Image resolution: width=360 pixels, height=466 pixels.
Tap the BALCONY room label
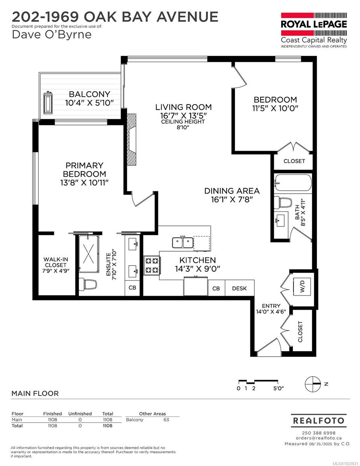[89, 94]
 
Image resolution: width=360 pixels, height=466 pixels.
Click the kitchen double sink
[183, 242]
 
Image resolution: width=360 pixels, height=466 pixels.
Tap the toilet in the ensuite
[89, 284]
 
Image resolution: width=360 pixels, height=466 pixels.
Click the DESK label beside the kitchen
[239, 289]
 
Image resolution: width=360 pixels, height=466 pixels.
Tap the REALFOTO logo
[318, 421]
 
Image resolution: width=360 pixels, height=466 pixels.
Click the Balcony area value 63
[166, 420]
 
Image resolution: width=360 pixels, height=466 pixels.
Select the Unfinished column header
[80, 414]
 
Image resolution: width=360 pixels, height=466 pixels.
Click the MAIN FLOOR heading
[35, 393]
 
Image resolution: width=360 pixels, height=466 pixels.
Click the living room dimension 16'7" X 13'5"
[184, 115]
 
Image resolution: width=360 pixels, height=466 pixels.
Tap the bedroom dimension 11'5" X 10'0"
[275, 108]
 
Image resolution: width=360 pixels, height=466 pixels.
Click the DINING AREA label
[232, 191]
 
